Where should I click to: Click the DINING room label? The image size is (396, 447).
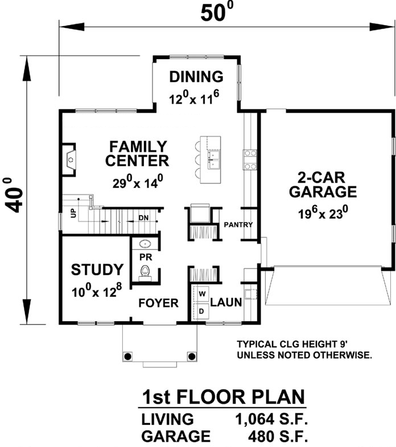(196, 76)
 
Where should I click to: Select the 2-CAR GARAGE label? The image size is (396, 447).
(323, 184)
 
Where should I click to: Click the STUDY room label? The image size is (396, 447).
(97, 269)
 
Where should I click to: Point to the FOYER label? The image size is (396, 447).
(159, 303)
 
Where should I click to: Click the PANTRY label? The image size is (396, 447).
(238, 225)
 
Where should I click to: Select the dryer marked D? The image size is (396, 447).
(201, 311)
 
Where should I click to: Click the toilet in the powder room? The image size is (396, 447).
(146, 273)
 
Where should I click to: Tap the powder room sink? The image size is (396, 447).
(146, 244)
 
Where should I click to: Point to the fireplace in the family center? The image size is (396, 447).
(69, 159)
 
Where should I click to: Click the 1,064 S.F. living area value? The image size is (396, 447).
(271, 420)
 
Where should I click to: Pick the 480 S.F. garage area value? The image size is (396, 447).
(279, 437)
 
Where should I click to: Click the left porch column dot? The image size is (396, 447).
(127, 356)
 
